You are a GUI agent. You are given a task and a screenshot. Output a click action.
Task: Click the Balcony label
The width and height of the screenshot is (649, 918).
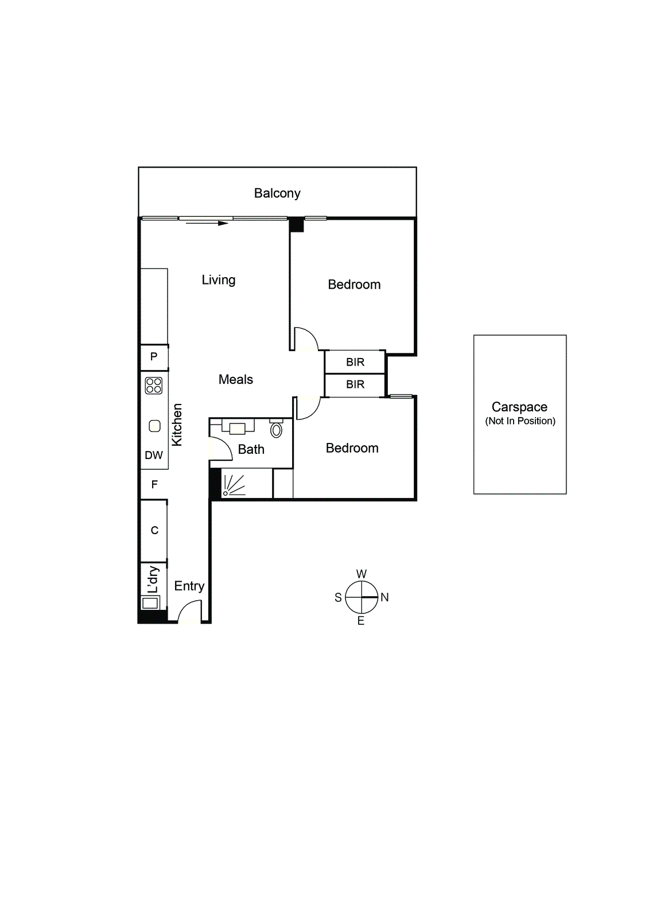(277, 193)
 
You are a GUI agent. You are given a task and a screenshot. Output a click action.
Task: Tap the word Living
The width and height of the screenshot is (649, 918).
(219, 280)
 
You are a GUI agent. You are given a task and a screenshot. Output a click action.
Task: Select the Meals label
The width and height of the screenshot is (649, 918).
(235, 379)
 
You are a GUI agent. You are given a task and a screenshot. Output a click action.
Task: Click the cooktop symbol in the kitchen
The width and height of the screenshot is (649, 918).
(154, 385)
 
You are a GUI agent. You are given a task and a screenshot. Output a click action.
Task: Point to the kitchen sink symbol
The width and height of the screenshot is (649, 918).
(154, 426)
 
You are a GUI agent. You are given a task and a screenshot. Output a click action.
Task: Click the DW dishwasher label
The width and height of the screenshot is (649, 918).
(154, 456)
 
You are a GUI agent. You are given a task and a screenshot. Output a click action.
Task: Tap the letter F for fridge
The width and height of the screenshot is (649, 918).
(154, 485)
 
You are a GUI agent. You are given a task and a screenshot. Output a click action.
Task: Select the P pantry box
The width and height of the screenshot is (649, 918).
(154, 357)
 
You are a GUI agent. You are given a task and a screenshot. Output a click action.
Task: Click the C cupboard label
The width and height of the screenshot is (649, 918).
(154, 531)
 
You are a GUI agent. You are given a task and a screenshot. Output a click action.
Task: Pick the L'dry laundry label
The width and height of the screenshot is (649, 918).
(153, 579)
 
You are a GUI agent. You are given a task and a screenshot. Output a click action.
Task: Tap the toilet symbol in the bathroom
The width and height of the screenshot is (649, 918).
(276, 429)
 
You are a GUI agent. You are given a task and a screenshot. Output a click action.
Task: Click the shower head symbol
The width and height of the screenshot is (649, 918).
(226, 492)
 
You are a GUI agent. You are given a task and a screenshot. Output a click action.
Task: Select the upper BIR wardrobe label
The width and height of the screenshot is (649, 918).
(355, 362)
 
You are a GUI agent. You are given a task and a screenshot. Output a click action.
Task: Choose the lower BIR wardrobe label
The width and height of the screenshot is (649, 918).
(355, 384)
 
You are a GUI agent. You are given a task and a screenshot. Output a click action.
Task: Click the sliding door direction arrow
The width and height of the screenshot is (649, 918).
(207, 223)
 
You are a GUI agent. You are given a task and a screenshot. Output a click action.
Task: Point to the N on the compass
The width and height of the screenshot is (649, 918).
(384, 597)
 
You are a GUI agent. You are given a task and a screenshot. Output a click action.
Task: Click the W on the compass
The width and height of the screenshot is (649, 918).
(362, 574)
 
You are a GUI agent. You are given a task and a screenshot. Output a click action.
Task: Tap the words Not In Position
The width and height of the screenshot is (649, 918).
(520, 421)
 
